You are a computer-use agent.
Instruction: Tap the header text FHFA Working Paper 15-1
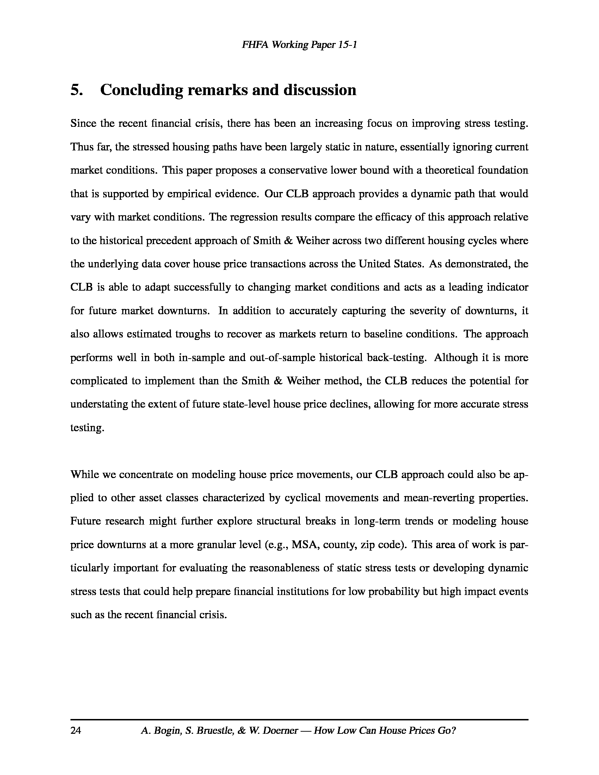click(299, 45)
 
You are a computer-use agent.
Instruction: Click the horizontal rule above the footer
click(299, 719)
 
